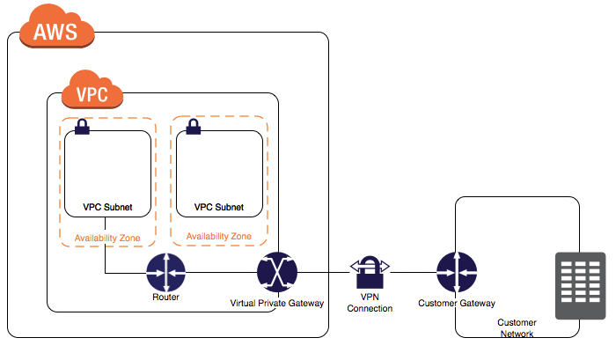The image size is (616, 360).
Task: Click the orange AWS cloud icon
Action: click(x=57, y=26)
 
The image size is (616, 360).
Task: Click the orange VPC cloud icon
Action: click(x=92, y=90)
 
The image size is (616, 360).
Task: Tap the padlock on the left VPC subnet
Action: click(x=82, y=127)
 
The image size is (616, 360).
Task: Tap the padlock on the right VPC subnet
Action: click(x=194, y=127)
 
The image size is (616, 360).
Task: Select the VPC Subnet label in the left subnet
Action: click(x=107, y=207)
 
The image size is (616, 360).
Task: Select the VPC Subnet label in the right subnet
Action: click(x=219, y=207)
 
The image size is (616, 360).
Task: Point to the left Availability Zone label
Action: click(x=107, y=239)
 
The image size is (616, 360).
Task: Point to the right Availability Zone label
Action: click(x=219, y=236)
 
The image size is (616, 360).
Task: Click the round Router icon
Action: click(x=165, y=272)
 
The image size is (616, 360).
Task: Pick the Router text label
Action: click(x=165, y=298)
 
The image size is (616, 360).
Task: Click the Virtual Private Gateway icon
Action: click(x=277, y=272)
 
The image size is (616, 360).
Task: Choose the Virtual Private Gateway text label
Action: click(x=277, y=304)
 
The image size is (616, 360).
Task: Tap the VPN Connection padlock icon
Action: click(x=370, y=272)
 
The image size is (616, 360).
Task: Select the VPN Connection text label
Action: click(x=370, y=303)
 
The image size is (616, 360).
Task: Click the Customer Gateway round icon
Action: click(x=457, y=272)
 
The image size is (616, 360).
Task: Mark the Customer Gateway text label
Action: click(x=457, y=304)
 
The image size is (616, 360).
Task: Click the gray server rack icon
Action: click(x=580, y=286)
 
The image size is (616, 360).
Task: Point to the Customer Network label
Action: click(x=517, y=328)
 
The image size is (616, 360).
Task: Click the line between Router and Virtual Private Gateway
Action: click(x=221, y=272)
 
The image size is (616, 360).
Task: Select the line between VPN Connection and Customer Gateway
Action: click(x=414, y=272)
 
